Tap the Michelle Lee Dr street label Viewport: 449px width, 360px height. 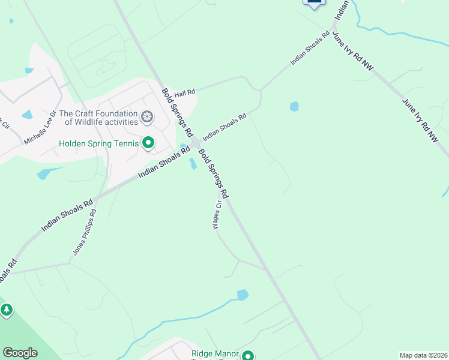[x=40, y=127]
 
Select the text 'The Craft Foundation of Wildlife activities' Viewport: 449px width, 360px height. [x=98, y=117]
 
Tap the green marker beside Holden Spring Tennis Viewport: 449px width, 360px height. [x=148, y=143]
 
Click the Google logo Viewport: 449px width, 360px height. [x=20, y=353]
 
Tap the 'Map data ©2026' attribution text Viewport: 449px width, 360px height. [x=423, y=355]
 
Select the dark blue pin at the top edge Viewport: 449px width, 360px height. [x=314, y=3]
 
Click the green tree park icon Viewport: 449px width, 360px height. [x=7, y=310]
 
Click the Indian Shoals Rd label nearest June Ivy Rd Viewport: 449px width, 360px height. [x=310, y=48]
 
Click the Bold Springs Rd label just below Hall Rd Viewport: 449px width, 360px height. [x=177, y=112]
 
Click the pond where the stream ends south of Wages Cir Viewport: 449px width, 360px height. [x=243, y=295]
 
